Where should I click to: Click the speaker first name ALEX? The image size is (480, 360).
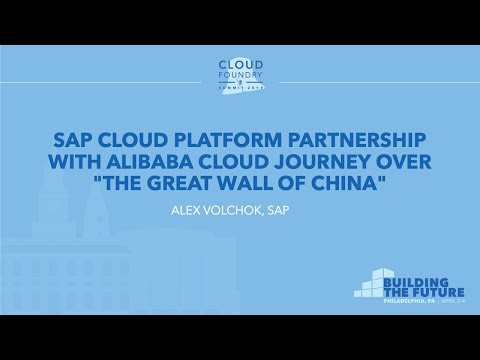pos(195,211)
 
